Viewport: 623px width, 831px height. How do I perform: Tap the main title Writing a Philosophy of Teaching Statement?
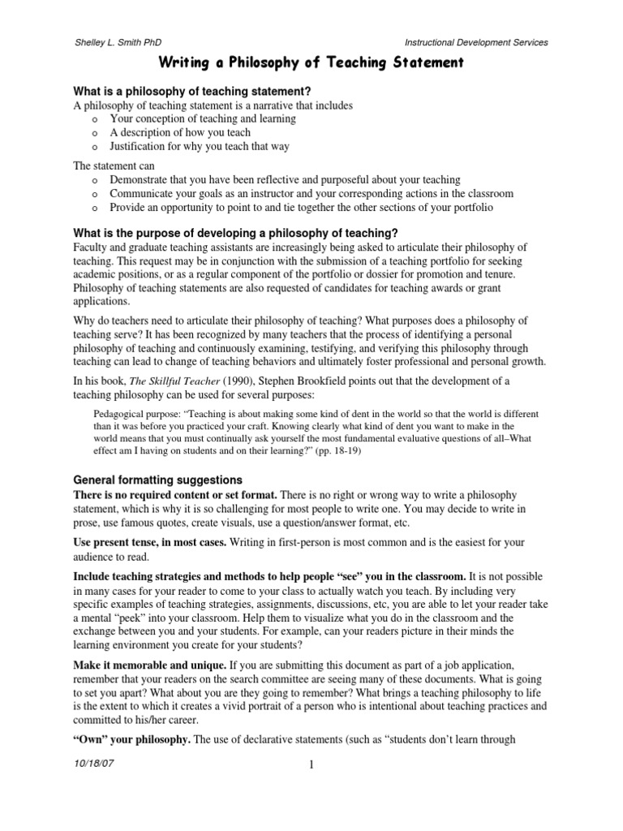(x=311, y=62)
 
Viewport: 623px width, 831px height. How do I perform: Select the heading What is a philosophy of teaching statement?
(x=193, y=91)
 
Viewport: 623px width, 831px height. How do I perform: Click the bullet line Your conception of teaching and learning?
(x=203, y=118)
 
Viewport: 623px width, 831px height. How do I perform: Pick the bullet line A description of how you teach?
(x=180, y=132)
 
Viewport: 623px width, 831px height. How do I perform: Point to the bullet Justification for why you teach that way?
(x=200, y=146)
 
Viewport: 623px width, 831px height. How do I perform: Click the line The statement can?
(x=108, y=166)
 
